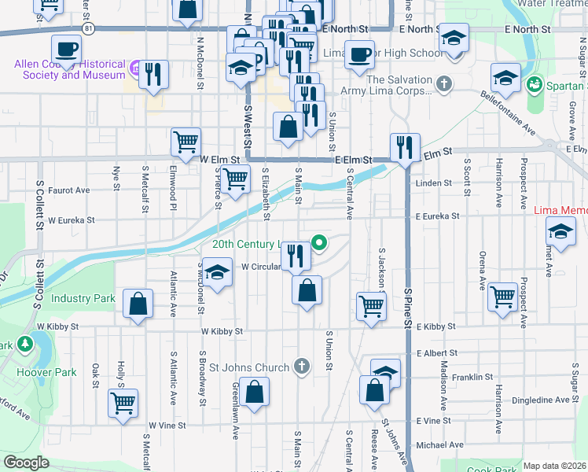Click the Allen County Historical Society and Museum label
tap(69, 69)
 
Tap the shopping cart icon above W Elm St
tap(186, 142)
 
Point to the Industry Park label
tap(83, 298)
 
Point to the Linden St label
tap(433, 183)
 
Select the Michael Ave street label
tap(440, 445)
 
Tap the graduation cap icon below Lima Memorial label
tap(561, 231)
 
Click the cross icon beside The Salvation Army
tap(443, 83)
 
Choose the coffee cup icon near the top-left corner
tap(68, 49)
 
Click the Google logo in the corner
tap(26, 463)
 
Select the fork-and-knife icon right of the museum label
tap(153, 74)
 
